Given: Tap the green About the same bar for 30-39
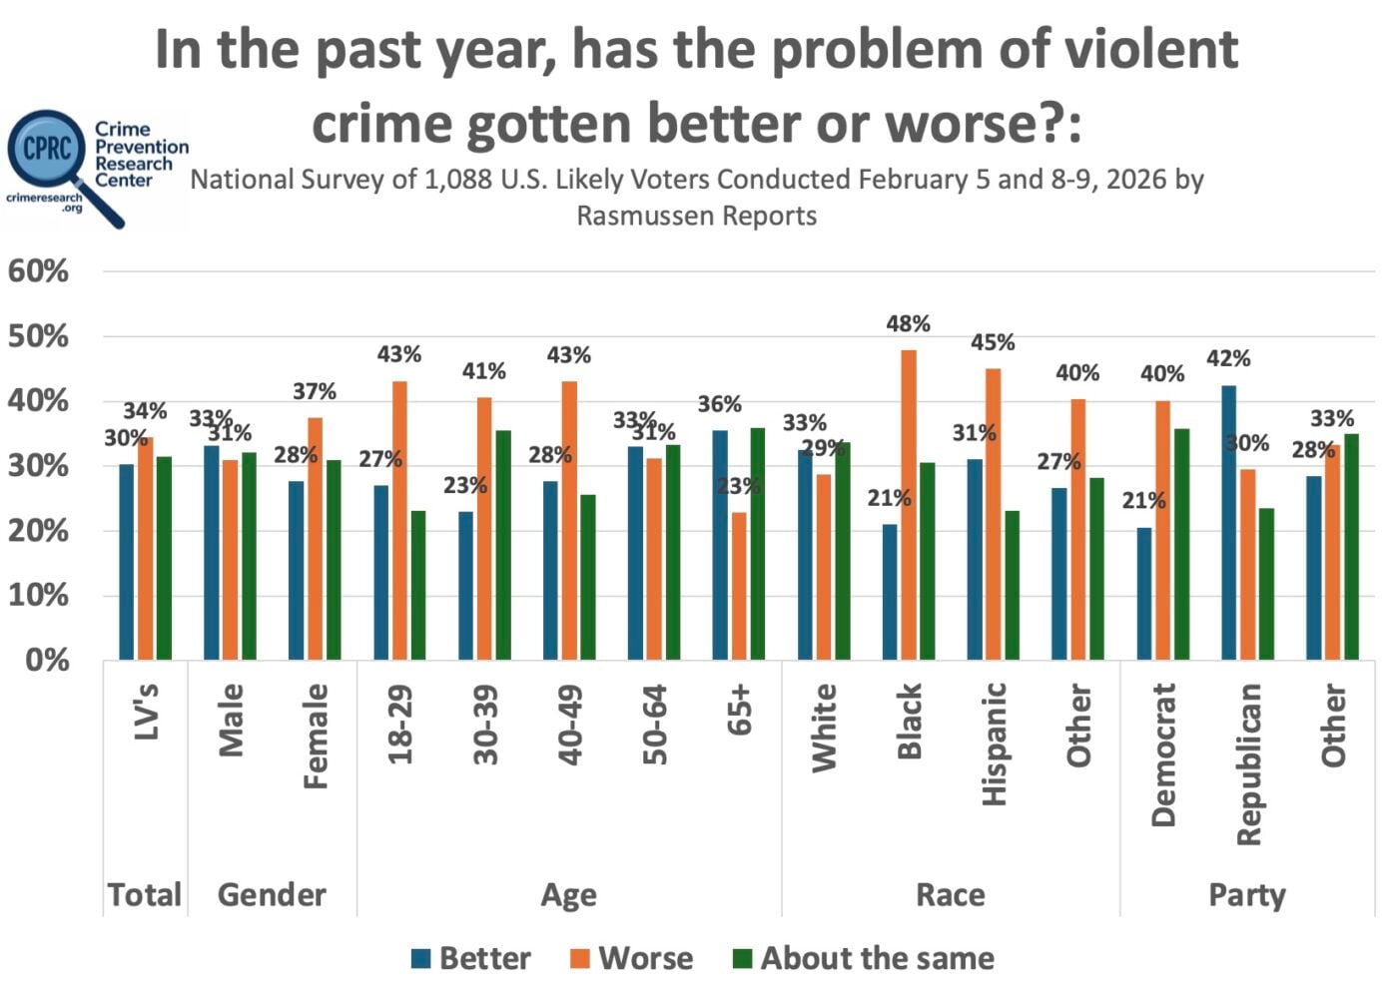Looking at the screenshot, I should tap(503, 545).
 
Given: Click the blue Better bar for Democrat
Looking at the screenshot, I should tap(1144, 594).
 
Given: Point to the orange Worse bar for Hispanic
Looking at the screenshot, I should tap(994, 514).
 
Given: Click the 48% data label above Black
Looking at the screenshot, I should tap(908, 324).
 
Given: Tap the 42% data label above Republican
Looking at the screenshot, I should tap(1228, 358).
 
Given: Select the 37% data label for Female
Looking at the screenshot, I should tap(315, 392).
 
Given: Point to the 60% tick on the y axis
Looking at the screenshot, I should tap(39, 271).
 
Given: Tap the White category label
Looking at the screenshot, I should tap(825, 728).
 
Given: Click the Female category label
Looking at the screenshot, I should tap(316, 736).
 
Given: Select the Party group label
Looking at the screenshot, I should tap(1247, 894).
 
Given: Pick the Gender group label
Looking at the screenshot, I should tap(272, 894).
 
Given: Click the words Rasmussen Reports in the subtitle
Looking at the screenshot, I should tap(696, 216).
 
